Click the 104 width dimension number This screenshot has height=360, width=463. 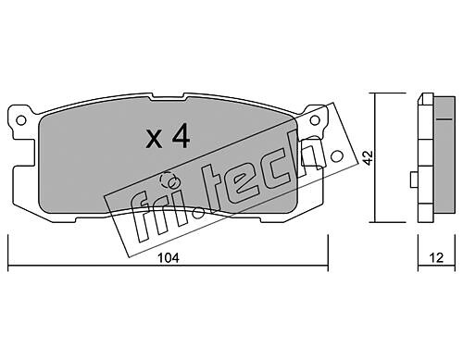[x=169, y=258]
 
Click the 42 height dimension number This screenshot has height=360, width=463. [x=369, y=157]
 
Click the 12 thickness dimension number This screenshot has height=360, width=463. [x=436, y=257]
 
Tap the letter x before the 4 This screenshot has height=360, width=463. [x=154, y=139]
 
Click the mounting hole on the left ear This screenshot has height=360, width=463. [x=21, y=120]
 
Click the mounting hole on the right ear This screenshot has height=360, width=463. [x=315, y=120]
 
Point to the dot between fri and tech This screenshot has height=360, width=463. [x=200, y=213]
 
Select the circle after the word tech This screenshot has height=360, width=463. [x=337, y=156]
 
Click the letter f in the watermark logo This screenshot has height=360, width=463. [x=141, y=217]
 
